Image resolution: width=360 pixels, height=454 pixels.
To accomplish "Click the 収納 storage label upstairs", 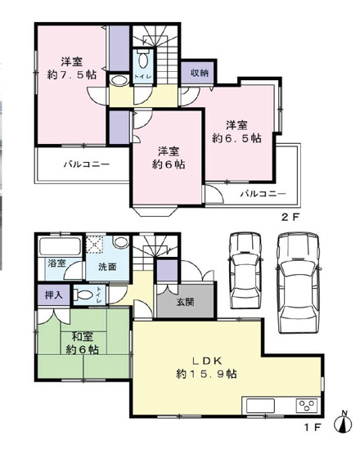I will pyautogui.click(x=200, y=74).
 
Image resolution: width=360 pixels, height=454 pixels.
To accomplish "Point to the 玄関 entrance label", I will pyautogui.click(x=186, y=301).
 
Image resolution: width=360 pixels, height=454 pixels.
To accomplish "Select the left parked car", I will pyautogui.click(x=243, y=272).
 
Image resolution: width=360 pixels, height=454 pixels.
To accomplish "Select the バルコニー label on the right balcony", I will pyautogui.click(x=263, y=194).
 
